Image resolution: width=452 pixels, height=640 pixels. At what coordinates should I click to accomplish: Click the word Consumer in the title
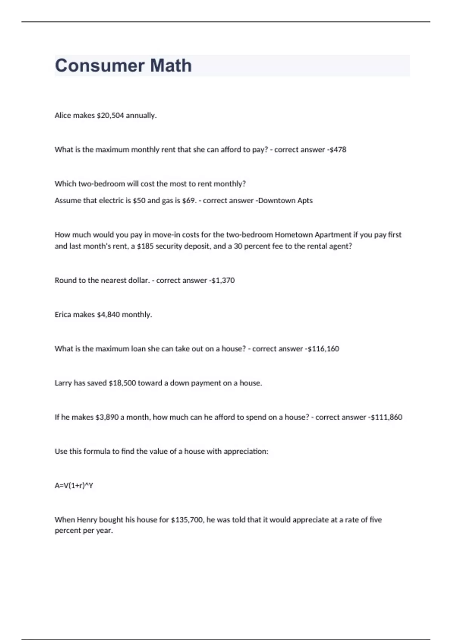pyautogui.click(x=99, y=66)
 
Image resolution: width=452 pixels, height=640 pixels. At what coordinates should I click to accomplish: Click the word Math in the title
pyautogui.click(x=171, y=66)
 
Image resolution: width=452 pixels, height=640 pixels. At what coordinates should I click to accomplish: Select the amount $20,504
pyautogui.click(x=110, y=116)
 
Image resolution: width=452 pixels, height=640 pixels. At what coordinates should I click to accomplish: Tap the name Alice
pyautogui.click(x=63, y=116)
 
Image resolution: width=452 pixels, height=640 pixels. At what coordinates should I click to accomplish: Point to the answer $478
pyautogui.click(x=338, y=149)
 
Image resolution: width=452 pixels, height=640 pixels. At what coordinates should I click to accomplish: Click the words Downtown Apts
pyautogui.click(x=285, y=201)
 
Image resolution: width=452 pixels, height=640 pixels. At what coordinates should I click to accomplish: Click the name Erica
pyautogui.click(x=63, y=315)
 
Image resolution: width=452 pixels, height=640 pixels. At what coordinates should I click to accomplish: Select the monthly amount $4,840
pyautogui.click(x=108, y=315)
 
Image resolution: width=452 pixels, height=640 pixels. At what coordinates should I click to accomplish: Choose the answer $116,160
pyautogui.click(x=323, y=349)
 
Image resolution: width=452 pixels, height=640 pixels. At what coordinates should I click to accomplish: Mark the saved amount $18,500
pyautogui.click(x=122, y=383)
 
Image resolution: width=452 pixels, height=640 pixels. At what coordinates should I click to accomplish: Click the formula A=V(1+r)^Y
pyautogui.click(x=74, y=486)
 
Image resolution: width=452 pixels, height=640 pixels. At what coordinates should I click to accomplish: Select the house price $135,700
pyautogui.click(x=188, y=520)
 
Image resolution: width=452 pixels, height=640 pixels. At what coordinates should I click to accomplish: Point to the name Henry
pyautogui.click(x=87, y=520)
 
